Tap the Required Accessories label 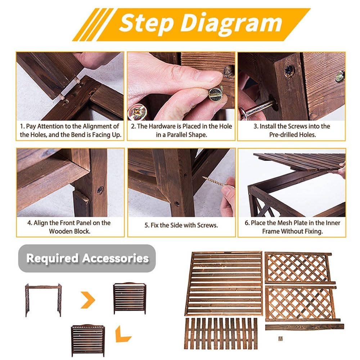point(87,258)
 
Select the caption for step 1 point(70,130)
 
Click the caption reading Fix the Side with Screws point(181,225)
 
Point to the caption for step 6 point(292,227)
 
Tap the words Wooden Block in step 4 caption point(69,231)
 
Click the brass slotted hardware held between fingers point(216,93)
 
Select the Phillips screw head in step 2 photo point(137,112)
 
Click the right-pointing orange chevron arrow point(88,300)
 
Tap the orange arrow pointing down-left point(122,335)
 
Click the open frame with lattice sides point(44,300)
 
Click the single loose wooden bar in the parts point(305,327)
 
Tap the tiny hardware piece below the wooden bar point(280,339)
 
